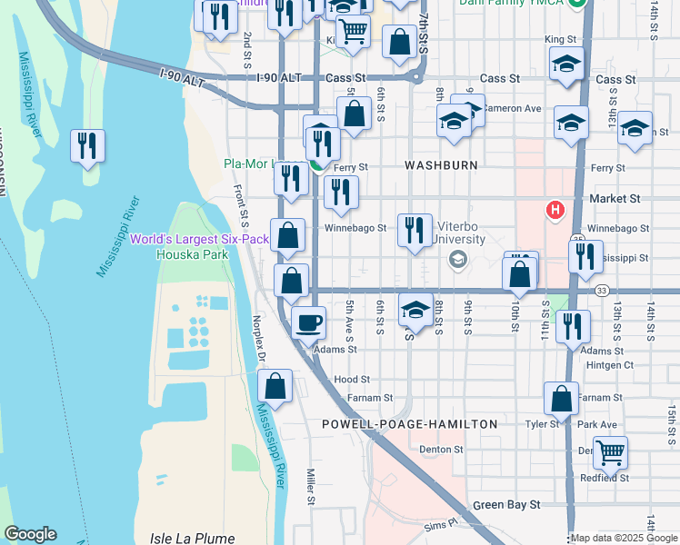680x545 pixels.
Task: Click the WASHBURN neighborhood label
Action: pos(441,166)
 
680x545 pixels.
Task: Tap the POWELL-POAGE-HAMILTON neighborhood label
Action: pos(410,424)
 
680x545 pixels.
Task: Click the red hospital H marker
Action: pos(554,211)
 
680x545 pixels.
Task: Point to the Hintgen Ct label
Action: pos(610,365)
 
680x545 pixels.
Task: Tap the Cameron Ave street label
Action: pos(512,108)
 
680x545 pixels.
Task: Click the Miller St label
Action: pos(310,487)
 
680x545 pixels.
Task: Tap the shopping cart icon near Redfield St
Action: pos(612,451)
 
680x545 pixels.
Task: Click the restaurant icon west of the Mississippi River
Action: pos(88,146)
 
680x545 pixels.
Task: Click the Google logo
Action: pos(30,534)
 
